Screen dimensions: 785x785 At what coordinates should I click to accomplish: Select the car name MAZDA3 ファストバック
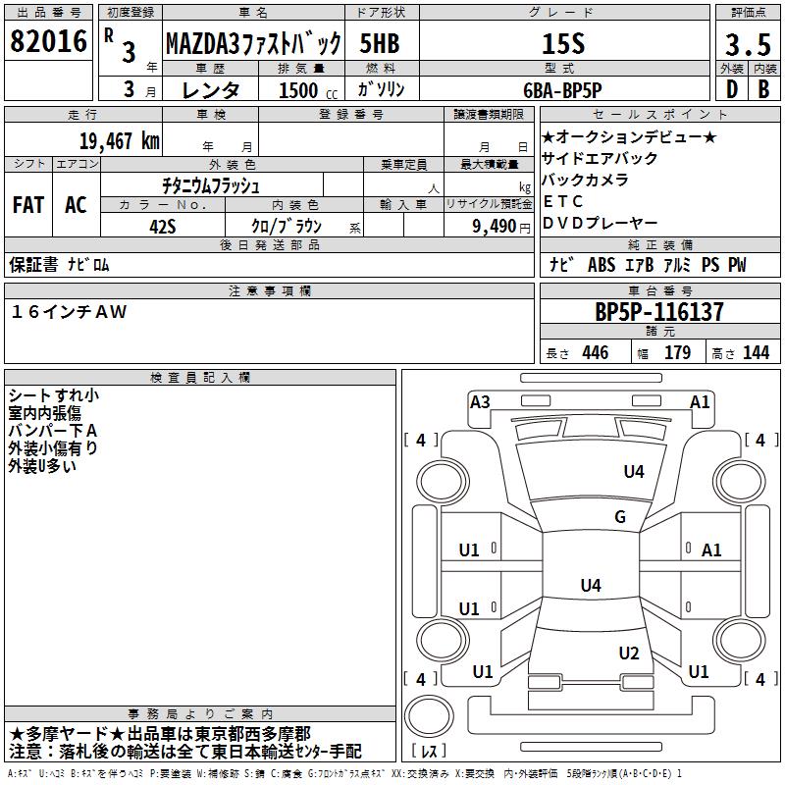[x=253, y=43]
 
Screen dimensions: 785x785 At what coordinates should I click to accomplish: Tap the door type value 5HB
[x=380, y=43]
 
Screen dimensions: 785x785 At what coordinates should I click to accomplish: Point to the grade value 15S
[x=563, y=43]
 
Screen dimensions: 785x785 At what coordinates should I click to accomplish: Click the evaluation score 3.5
[x=746, y=45]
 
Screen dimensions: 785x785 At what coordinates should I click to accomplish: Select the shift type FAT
[x=28, y=204]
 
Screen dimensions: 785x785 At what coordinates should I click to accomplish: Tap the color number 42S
[x=163, y=225]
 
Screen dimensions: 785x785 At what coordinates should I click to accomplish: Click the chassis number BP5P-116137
[x=659, y=313]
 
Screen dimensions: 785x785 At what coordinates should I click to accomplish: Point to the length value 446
[x=596, y=353]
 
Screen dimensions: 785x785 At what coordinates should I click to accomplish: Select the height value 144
[x=756, y=353]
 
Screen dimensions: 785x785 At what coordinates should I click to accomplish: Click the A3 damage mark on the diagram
[x=481, y=401]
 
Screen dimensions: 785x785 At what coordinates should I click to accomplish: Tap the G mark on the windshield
[x=620, y=517]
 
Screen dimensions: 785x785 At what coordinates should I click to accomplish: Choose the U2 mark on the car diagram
[x=629, y=654]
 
